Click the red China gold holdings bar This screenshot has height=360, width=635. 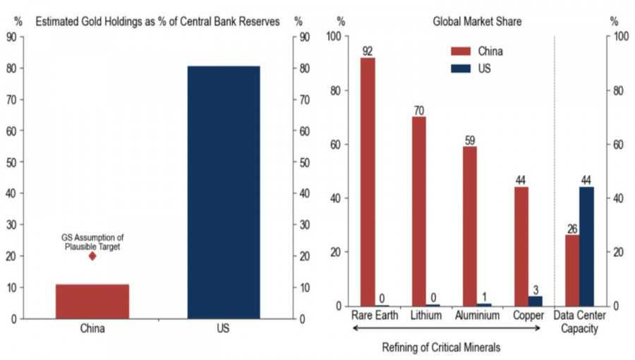click(x=92, y=301)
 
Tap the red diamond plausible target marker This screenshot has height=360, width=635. click(x=92, y=256)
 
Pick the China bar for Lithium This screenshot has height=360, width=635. click(x=419, y=211)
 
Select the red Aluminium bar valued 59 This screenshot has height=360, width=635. click(x=470, y=226)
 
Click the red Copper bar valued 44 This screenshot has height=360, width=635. click(x=521, y=246)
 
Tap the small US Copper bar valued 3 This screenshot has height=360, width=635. click(x=536, y=301)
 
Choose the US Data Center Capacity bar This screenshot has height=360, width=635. click(x=586, y=246)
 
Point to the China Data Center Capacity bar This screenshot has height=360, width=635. click(x=571, y=270)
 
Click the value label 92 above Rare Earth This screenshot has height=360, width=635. click(x=368, y=51)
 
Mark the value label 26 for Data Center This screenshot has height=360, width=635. click(x=571, y=229)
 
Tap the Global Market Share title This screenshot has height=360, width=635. click(x=477, y=21)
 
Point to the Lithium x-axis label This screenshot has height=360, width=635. click(x=426, y=315)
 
